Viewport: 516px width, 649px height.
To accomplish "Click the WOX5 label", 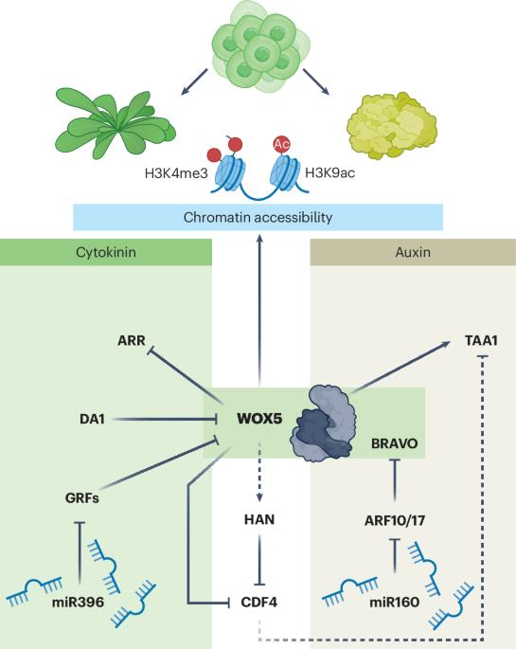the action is [x=259, y=419].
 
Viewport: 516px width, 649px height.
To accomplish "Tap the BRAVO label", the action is [x=395, y=443].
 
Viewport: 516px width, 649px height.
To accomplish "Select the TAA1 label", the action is [x=481, y=341].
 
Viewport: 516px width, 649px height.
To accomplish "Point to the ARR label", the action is [x=132, y=341].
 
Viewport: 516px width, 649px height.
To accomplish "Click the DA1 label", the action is [x=92, y=419].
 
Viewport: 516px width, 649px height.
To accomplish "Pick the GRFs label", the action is [x=81, y=497].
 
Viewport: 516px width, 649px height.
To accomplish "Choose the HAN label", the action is [x=259, y=519].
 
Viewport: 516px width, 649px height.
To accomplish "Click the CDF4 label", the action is [x=258, y=602].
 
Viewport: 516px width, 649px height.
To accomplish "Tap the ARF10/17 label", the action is [x=395, y=520].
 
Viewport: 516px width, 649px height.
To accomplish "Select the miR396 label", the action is [x=79, y=602].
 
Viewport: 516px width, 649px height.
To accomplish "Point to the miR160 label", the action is [x=395, y=602].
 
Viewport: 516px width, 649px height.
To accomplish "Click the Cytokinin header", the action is [x=106, y=252].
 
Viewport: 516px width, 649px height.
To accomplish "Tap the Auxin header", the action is [x=413, y=252].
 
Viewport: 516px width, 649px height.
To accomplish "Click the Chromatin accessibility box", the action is [x=258, y=217].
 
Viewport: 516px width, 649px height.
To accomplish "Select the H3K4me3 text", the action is [x=176, y=173].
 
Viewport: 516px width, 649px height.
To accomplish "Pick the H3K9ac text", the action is [x=329, y=172].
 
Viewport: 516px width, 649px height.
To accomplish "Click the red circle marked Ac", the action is [x=281, y=144].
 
